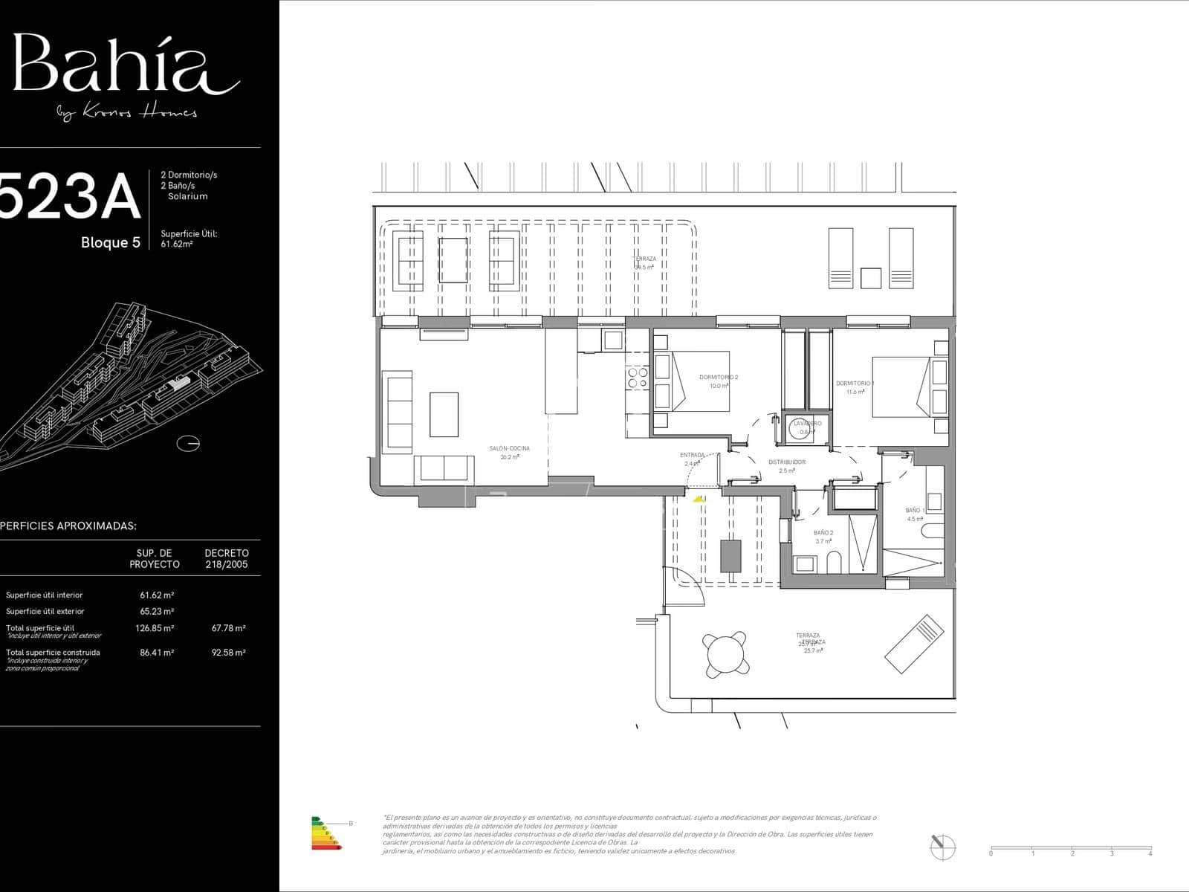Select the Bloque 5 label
coord(111,242)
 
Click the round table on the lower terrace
coord(725,654)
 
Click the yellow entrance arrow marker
coord(698,500)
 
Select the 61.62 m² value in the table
coord(157,595)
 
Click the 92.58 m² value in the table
coord(228,653)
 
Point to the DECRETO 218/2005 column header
coord(227,558)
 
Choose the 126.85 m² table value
coord(155,628)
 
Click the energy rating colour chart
coord(325,833)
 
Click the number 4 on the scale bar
coord(1150,853)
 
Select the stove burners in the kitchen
coord(638,378)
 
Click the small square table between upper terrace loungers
coord(870,278)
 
